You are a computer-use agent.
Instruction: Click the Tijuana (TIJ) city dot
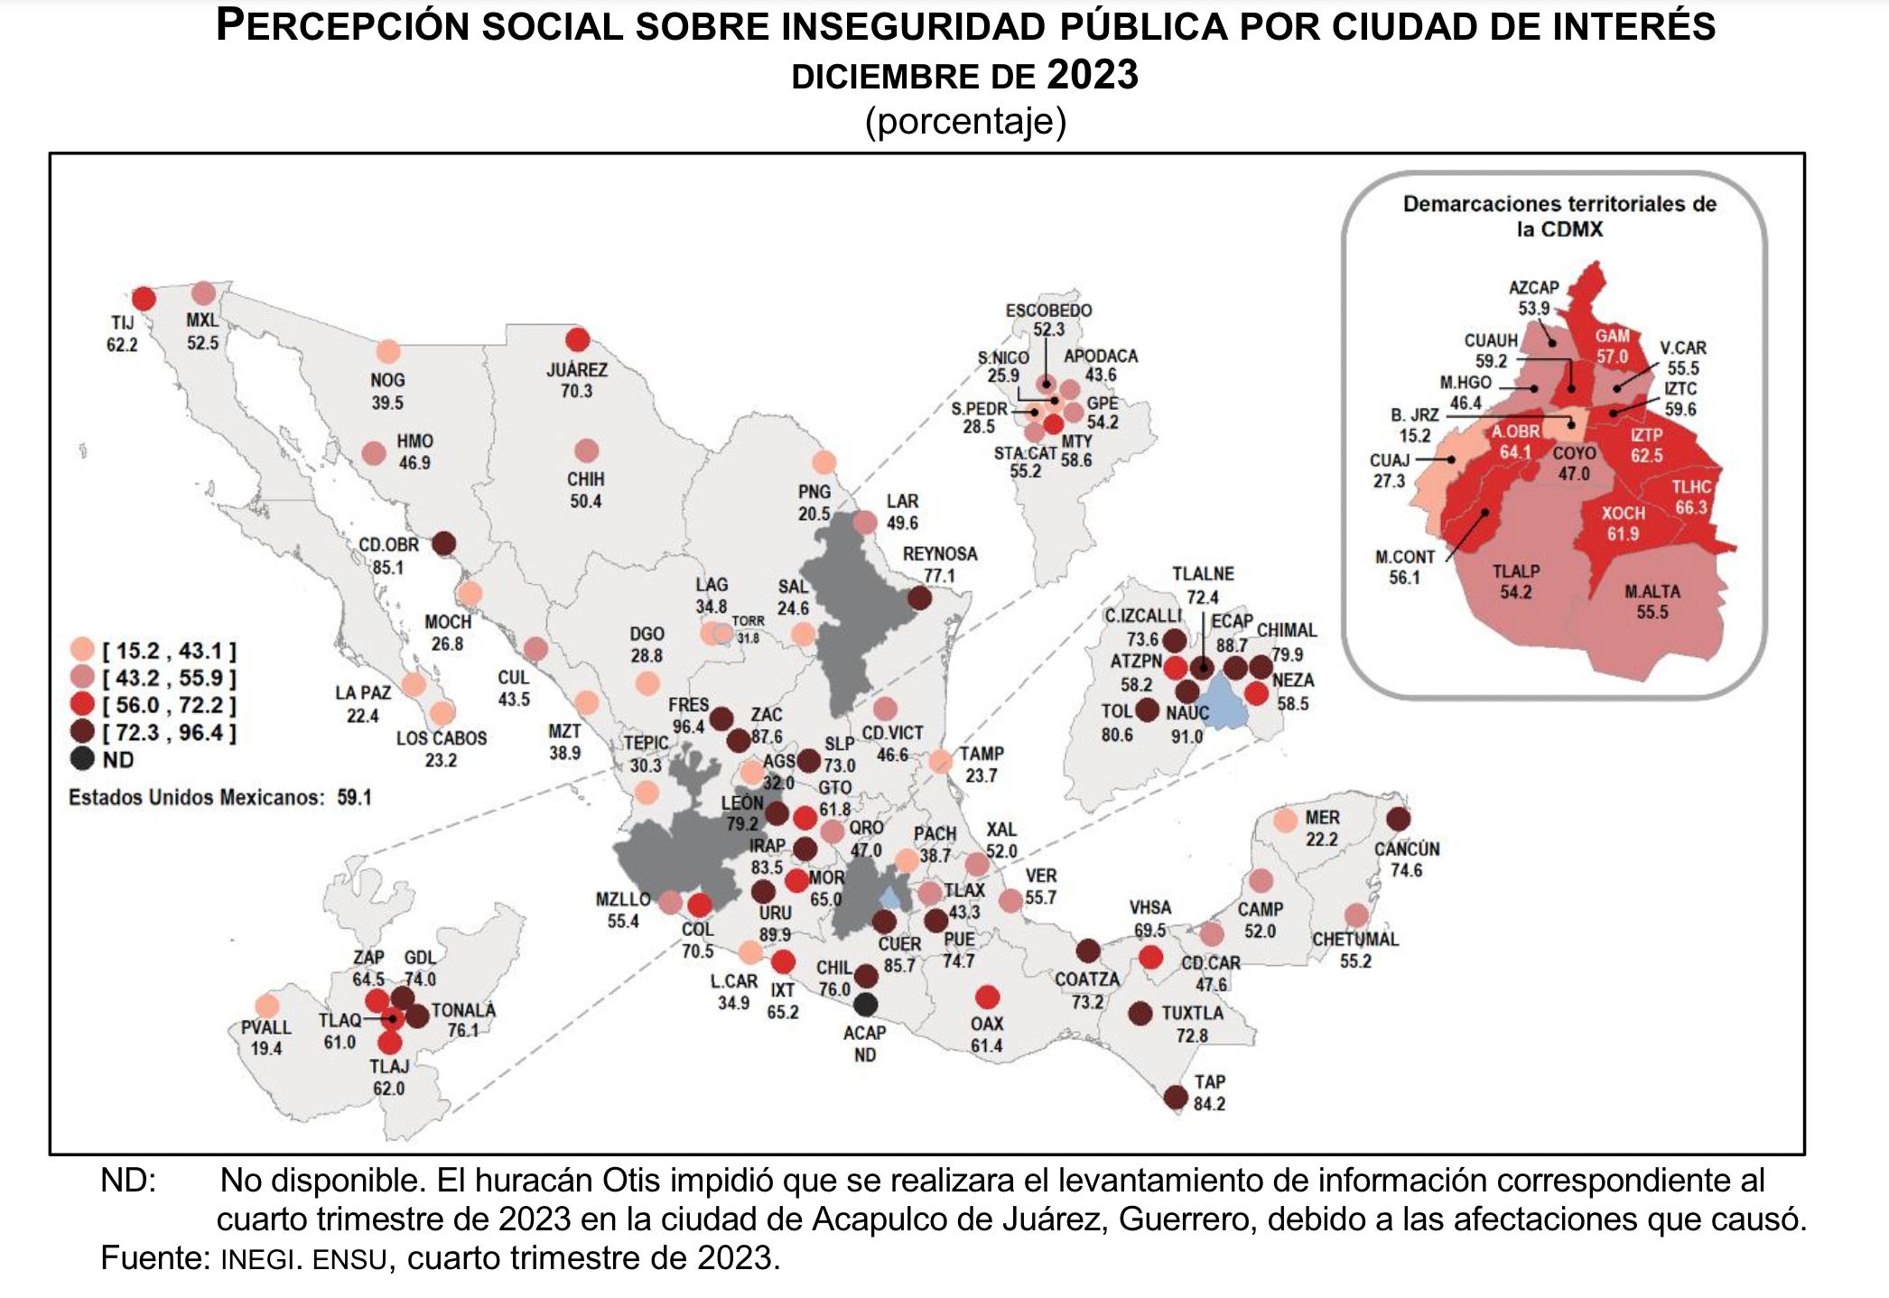click(144, 298)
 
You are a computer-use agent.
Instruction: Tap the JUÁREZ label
click(577, 370)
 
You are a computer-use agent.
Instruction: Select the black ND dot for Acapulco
click(865, 1004)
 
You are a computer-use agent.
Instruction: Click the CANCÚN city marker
click(1398, 820)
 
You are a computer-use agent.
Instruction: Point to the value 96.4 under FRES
click(688, 727)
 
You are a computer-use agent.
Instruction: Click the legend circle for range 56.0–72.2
click(82, 705)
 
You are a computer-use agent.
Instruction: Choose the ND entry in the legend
click(82, 759)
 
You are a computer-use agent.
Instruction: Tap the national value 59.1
click(354, 798)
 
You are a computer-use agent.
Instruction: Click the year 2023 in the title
click(1093, 75)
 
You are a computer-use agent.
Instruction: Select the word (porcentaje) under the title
click(965, 121)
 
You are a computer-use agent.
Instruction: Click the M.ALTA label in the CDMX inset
click(1652, 592)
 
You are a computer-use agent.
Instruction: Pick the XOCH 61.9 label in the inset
click(1623, 524)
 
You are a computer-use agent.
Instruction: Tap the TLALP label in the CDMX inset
click(1515, 571)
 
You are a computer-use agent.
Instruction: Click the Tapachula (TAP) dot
click(1176, 1097)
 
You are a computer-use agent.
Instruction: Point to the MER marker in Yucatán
click(1286, 821)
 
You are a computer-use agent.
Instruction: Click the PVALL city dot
click(267, 1006)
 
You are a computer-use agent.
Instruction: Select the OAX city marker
click(987, 997)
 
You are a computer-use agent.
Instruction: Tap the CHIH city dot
click(587, 450)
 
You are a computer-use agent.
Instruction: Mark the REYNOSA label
click(939, 554)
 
